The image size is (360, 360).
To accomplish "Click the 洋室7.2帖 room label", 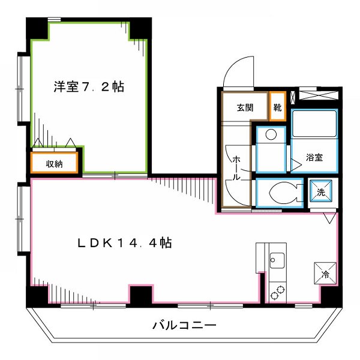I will [x=88, y=87].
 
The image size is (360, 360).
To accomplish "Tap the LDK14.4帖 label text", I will [x=125, y=243].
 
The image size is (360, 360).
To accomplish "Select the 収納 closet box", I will [x=55, y=163].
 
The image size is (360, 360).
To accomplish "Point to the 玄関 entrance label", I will [x=244, y=108].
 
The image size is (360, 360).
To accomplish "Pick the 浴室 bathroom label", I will [x=314, y=158].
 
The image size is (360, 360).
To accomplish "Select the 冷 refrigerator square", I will [x=325, y=274].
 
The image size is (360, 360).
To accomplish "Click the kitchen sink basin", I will [x=277, y=261].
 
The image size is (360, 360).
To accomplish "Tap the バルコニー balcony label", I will [x=184, y=326].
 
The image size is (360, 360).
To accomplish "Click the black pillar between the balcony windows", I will [x=142, y=296].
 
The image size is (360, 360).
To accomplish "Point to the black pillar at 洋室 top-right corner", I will [x=142, y=28].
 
